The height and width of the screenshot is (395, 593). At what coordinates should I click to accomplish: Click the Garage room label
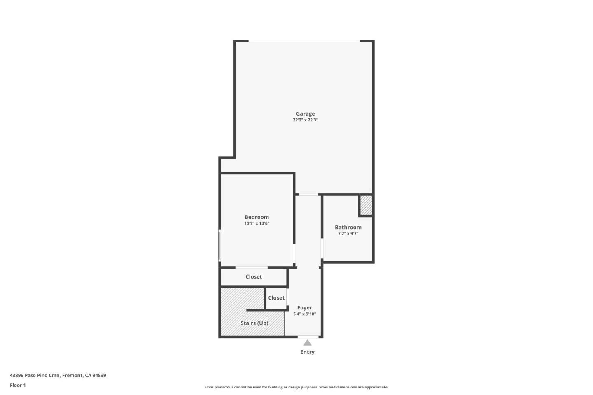[x=305, y=114]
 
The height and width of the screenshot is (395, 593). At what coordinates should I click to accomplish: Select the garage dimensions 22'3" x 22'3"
[x=305, y=120]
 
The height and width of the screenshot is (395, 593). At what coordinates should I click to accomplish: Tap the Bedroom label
[x=257, y=217]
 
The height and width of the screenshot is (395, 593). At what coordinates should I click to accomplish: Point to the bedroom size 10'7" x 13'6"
[x=257, y=223]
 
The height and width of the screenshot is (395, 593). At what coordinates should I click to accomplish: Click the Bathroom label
[x=348, y=227]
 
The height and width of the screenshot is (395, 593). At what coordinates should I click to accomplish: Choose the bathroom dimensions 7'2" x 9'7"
[x=348, y=234]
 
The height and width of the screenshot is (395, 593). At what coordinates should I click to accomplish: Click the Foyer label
[x=304, y=307]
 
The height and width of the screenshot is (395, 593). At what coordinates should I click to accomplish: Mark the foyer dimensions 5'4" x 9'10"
[x=304, y=314]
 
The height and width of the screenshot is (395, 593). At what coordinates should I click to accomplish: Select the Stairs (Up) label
[x=254, y=323]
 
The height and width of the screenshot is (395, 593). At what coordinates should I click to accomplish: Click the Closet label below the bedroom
[x=254, y=276]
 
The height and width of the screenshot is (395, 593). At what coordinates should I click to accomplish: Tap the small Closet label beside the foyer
[x=276, y=298]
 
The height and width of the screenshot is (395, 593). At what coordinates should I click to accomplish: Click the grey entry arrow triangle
[x=307, y=343]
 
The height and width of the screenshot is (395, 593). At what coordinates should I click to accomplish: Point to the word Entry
[x=307, y=352]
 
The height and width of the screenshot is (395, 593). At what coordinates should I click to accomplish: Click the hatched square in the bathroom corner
[x=366, y=205]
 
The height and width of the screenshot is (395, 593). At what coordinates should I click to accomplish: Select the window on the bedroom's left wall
[x=219, y=245]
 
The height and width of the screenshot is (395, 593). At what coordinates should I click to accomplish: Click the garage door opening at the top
[x=304, y=41]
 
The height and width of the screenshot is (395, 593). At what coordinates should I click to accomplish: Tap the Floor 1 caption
[x=18, y=385]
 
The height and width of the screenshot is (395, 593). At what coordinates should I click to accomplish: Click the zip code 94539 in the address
[x=99, y=375]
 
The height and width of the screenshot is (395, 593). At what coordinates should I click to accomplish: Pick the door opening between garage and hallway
[x=308, y=195]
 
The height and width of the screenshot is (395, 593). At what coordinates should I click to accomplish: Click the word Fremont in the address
[x=72, y=375]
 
